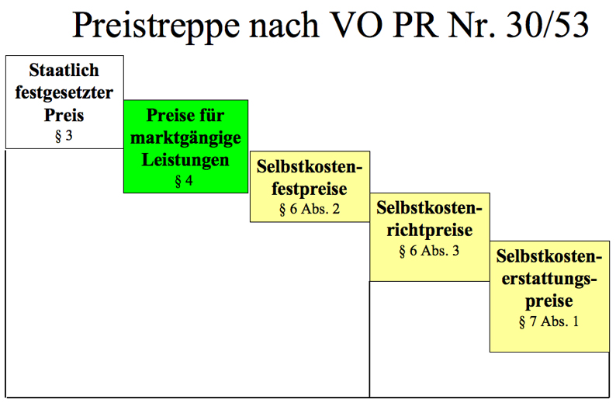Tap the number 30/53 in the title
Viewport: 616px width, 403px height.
547,24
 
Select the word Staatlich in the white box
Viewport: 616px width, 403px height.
64,71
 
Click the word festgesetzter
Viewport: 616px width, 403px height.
64,93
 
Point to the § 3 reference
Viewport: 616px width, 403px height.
64,136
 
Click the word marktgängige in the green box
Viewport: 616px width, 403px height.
185,138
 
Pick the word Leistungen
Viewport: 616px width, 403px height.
185,161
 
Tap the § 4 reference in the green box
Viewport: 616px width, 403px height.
184,180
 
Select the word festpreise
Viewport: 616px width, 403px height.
310,189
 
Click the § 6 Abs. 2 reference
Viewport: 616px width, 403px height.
310,209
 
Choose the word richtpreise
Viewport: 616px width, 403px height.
429,231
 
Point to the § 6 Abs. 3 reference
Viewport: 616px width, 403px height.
429,251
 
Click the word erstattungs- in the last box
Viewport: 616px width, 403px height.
549,279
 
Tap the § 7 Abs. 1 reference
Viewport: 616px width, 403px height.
549,321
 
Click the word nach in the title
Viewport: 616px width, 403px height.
284,25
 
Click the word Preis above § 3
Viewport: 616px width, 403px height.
64,115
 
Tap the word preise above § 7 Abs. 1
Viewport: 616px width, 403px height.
549,301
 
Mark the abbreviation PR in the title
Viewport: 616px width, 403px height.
416,25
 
